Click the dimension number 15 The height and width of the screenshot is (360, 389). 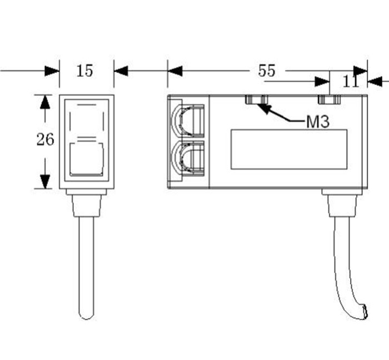85,71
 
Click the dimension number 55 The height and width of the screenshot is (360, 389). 267,71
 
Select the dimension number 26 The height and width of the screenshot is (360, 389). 46,140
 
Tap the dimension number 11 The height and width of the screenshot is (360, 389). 350,82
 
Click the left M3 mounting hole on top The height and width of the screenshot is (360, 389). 257,99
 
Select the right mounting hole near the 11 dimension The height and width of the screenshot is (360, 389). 329,99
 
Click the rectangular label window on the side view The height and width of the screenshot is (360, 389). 289,149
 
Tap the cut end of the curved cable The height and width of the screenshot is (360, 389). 363,312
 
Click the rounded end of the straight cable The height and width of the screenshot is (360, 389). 86,315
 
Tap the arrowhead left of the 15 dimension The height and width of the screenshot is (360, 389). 52,71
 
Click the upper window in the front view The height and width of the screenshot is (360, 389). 86,116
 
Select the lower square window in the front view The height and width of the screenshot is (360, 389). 86,159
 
